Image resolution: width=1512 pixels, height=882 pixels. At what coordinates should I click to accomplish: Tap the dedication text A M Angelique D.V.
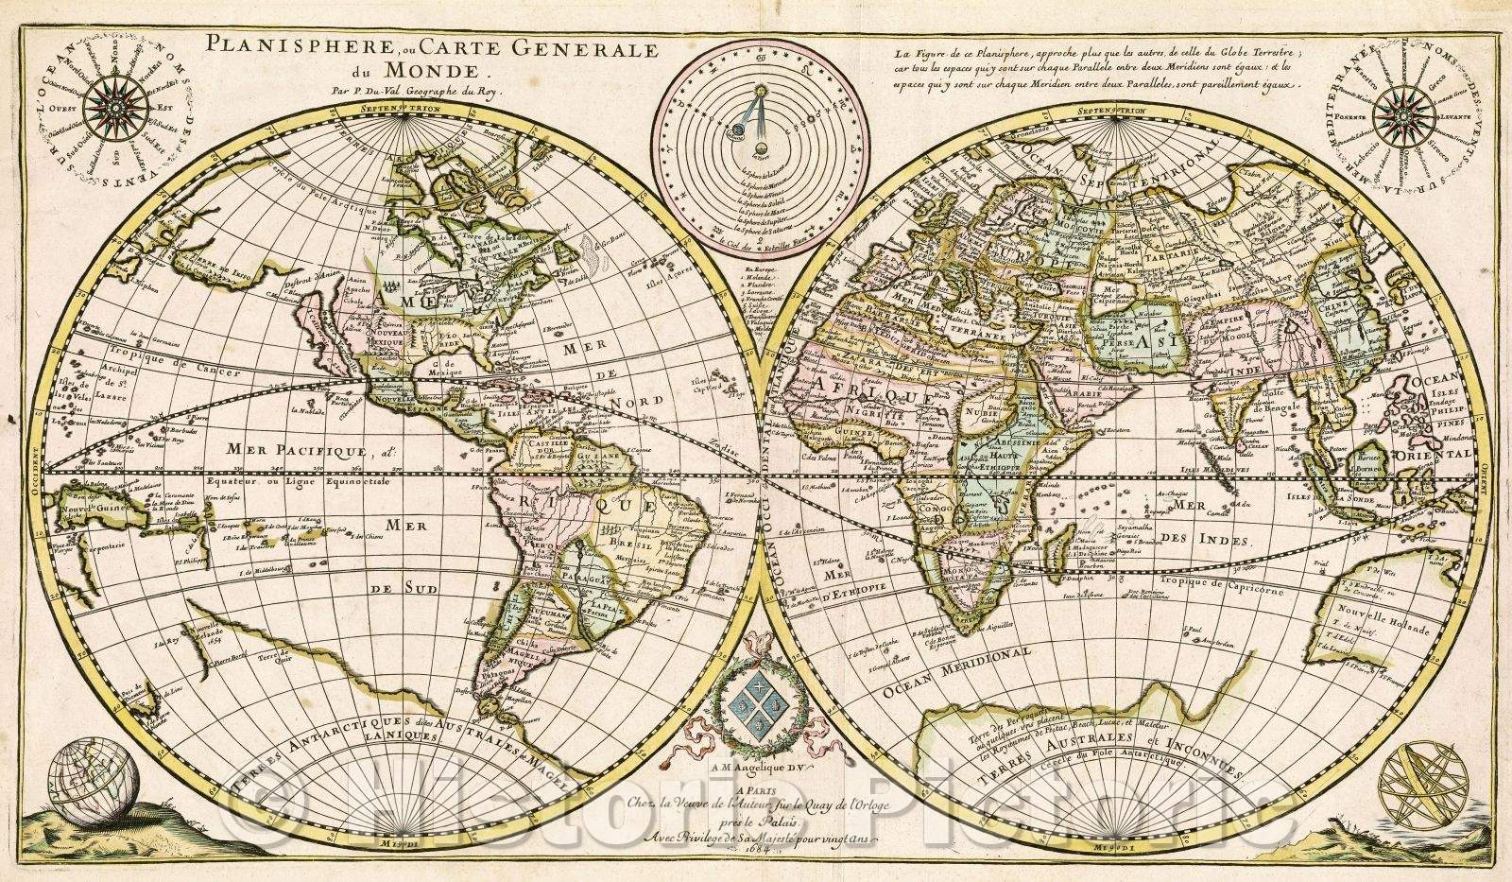[x=747, y=792]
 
